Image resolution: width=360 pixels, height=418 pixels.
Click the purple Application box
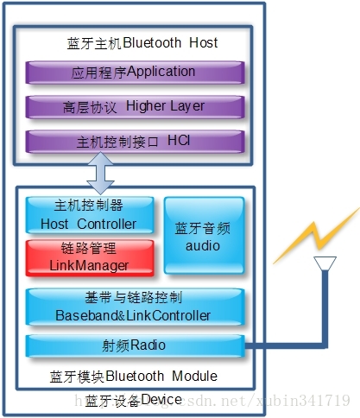click(x=134, y=72)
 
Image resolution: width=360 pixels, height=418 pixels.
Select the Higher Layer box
click(x=134, y=106)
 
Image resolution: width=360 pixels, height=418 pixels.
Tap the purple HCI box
click(x=134, y=140)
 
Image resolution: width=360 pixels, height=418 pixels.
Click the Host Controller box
click(x=90, y=215)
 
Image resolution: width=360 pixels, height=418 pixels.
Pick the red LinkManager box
click(x=90, y=257)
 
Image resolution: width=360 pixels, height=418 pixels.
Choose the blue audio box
click(x=204, y=236)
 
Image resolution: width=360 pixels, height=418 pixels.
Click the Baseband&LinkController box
click(x=134, y=307)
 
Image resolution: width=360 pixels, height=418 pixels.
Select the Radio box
click(x=134, y=345)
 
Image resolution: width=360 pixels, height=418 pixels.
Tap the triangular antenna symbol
click(x=325, y=263)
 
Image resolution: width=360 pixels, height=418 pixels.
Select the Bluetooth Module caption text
click(x=167, y=377)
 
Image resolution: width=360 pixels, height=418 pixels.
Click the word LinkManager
click(x=90, y=265)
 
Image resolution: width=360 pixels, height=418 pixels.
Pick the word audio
click(x=204, y=245)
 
